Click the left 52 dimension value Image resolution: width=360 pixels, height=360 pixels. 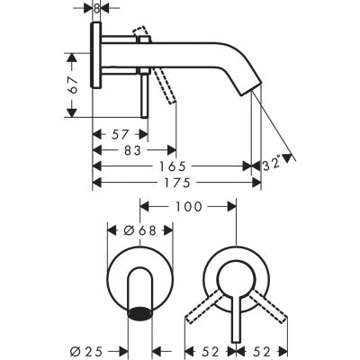click(x=210, y=345)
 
